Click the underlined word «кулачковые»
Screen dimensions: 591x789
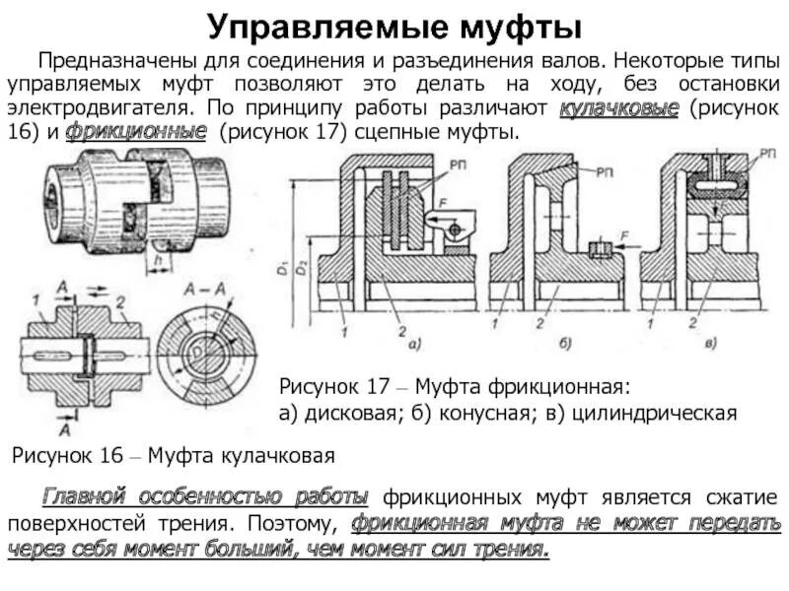click(x=618, y=109)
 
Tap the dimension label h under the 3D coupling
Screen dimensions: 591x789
click(x=159, y=259)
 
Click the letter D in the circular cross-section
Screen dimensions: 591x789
click(x=196, y=348)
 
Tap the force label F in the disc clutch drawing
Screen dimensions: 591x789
click(x=443, y=203)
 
